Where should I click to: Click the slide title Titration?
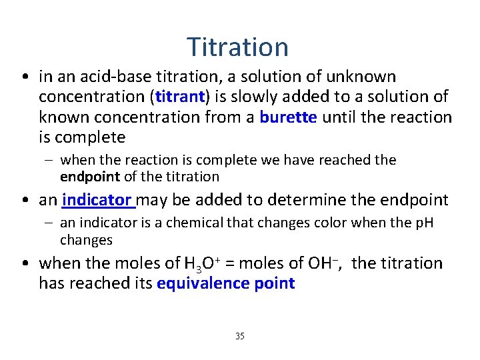point(237,47)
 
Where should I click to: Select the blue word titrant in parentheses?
point(179,97)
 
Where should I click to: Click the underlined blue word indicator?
point(97,200)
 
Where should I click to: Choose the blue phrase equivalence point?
point(225,283)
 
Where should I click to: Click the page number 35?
point(239,336)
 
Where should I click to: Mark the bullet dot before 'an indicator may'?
point(24,200)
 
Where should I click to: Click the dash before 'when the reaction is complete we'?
point(50,161)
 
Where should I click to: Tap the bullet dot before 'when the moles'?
point(24,264)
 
